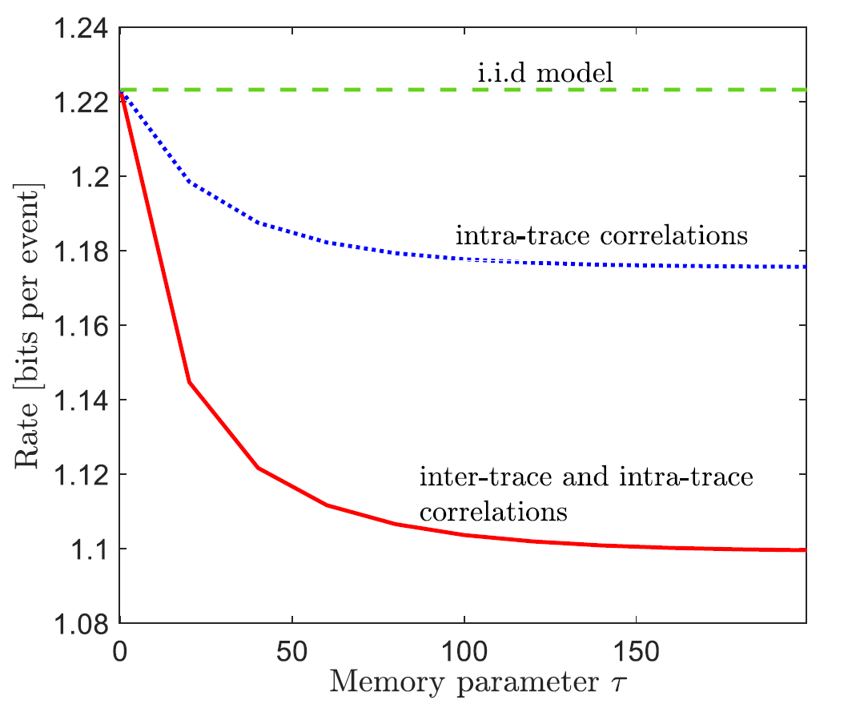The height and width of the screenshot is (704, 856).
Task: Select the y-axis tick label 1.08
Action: [82, 624]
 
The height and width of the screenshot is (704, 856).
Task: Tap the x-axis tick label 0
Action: [120, 646]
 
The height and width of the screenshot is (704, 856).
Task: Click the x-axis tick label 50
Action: [292, 646]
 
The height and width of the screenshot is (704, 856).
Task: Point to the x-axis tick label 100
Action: [464, 646]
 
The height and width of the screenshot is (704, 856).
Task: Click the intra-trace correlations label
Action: [601, 236]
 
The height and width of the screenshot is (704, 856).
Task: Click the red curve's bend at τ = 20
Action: [189, 382]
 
